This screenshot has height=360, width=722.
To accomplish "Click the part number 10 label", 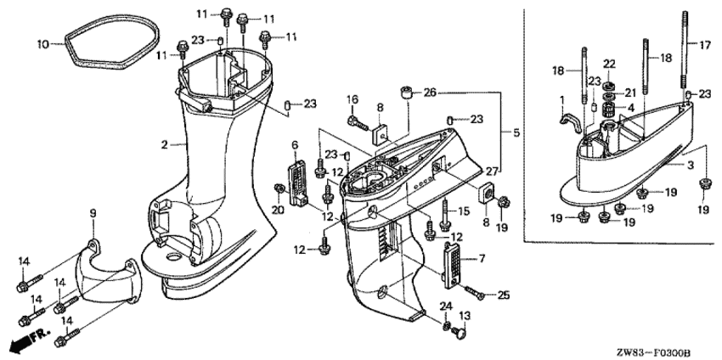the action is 42,45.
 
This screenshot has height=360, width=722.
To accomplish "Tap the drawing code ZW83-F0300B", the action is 654,353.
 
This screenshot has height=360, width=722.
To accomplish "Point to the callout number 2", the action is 165,145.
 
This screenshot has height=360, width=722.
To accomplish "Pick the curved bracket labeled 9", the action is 109,276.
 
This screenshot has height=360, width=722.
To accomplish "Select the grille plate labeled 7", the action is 452,265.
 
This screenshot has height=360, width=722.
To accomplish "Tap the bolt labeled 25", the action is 474,293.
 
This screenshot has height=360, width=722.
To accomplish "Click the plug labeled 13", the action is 459,330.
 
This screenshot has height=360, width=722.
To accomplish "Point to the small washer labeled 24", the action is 445,326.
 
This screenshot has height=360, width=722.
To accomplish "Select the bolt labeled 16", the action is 358,123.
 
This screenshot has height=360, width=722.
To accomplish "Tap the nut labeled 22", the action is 609,86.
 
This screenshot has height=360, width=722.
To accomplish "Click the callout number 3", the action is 691,166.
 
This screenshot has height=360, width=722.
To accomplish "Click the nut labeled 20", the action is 278,188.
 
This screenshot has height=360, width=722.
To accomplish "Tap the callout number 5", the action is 516,133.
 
